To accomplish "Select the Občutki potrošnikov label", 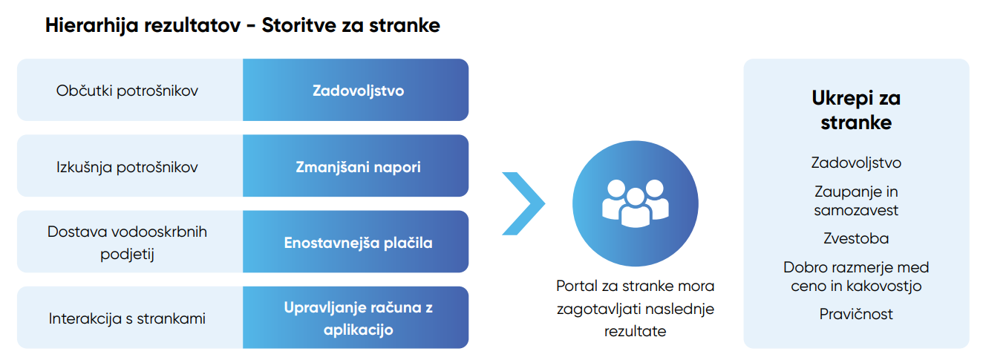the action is pos(127,91).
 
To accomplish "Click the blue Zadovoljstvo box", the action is pos(356,90).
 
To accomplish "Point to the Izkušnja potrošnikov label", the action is pos(127,167).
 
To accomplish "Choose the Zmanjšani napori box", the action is pos(356,166).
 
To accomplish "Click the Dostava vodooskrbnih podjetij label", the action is pos(127,243).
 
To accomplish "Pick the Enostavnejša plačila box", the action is pos(356,241).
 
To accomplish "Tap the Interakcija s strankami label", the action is pos(127,318).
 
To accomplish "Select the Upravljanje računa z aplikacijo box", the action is pos(356,318).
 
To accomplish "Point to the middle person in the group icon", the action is pos(635,208).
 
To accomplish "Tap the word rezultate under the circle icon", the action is pos(635,331).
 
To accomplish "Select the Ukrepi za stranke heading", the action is pos(856,110).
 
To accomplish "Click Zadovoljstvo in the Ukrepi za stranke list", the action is pos(856,163).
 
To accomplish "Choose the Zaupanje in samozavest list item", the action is pos(856,201).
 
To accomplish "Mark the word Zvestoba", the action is pos(856,238).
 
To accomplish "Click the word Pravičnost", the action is pos(856,314).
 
